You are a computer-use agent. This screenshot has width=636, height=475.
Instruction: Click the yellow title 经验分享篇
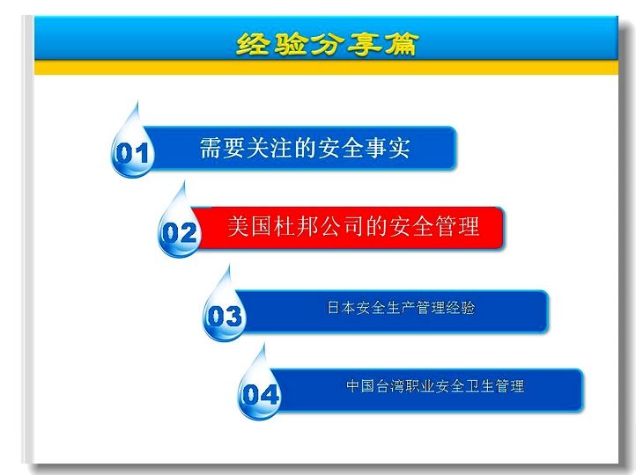pyautogui.click(x=327, y=44)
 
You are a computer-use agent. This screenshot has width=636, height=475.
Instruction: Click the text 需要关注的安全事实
pyautogui.click(x=305, y=148)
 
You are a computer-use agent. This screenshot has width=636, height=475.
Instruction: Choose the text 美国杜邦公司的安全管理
pyautogui.click(x=353, y=226)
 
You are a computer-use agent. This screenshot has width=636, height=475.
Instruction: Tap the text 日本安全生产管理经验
pyautogui.click(x=401, y=307)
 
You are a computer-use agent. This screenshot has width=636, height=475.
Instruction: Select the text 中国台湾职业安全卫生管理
pyautogui.click(x=435, y=386)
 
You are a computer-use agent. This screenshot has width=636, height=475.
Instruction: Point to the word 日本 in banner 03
pyautogui.click(x=341, y=307)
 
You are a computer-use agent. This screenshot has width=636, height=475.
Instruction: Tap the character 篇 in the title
pyautogui.click(x=401, y=44)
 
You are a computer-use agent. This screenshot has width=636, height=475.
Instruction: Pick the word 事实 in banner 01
pyautogui.click(x=387, y=148)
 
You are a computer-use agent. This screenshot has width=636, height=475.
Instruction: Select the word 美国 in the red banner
pyautogui.click(x=250, y=226)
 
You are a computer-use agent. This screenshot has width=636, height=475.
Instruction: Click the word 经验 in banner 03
pyautogui.click(x=461, y=307)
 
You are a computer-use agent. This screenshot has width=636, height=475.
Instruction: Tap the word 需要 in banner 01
pyautogui.click(x=222, y=148)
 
